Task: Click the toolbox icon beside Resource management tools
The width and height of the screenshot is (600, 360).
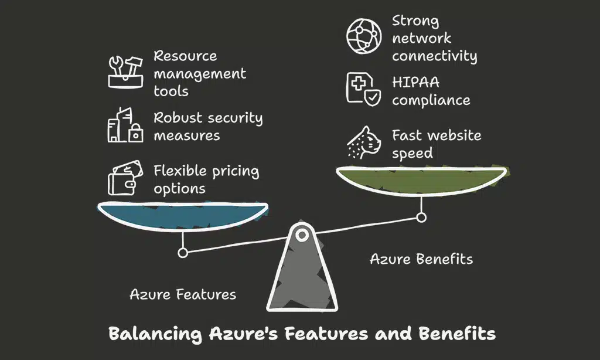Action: pyautogui.click(x=125, y=72)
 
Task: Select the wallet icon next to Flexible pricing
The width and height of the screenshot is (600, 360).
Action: pyautogui.click(x=124, y=179)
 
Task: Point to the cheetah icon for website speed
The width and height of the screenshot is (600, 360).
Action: pyautogui.click(x=364, y=142)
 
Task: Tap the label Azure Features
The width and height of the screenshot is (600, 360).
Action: pyautogui.click(x=183, y=294)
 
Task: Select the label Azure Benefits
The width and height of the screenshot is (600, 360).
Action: pyautogui.click(x=421, y=259)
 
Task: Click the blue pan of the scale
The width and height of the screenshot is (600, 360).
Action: pyautogui.click(x=182, y=215)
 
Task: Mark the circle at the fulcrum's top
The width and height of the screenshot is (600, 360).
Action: pyautogui.click(x=302, y=236)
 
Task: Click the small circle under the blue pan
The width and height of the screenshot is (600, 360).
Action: pyautogui.click(x=183, y=253)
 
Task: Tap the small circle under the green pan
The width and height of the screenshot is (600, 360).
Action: pyautogui.click(x=421, y=218)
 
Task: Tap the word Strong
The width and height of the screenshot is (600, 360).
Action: pyautogui.click(x=415, y=21)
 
